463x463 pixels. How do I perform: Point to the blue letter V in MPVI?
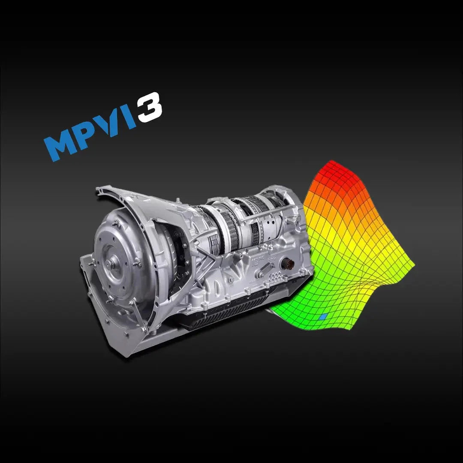[x=111, y=124]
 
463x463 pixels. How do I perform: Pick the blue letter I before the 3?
[x=128, y=118]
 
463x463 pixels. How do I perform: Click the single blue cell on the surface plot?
[x=324, y=317]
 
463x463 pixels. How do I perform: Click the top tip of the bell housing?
[x=100, y=189]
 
